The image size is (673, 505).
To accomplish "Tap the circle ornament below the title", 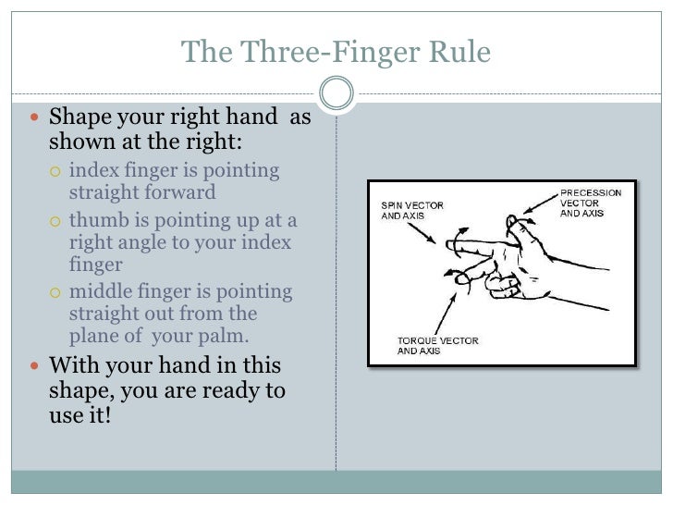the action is pyautogui.click(x=336, y=92).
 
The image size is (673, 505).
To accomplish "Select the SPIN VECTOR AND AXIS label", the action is pyautogui.click(x=412, y=211).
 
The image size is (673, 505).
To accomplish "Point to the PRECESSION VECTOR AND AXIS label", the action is pyautogui.click(x=591, y=203).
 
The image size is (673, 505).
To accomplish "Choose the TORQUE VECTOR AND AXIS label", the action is pyautogui.click(x=437, y=346).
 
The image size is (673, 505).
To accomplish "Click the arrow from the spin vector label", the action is pyautogui.click(x=422, y=233).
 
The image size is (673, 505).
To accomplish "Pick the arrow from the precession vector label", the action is pyautogui.click(x=541, y=203).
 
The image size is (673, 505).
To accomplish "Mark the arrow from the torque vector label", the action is pyautogui.click(x=446, y=314).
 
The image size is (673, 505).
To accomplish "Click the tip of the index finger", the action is pyautogui.click(x=449, y=246).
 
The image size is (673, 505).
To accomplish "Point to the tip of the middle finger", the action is pyautogui.click(x=459, y=279).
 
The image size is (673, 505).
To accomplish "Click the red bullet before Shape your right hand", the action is pyautogui.click(x=35, y=117).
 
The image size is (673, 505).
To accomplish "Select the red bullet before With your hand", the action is pyautogui.click(x=35, y=366).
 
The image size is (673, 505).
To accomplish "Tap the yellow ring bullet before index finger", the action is pyautogui.click(x=55, y=172).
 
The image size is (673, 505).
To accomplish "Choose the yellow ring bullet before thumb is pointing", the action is pyautogui.click(x=55, y=222).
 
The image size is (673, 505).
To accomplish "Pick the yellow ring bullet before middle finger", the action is pyautogui.click(x=55, y=293).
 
